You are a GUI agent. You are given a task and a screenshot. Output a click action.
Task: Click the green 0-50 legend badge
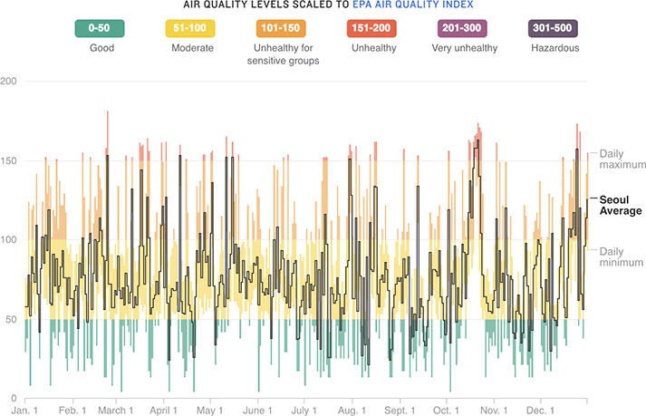(x=108, y=29)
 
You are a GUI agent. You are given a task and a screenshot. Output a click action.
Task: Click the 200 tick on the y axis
(x=10, y=82)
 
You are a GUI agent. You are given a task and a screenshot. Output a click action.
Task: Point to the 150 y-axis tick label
(x=10, y=160)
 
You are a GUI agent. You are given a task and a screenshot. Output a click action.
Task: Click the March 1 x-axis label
(x=115, y=410)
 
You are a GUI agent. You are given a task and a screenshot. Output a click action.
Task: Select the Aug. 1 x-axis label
(x=351, y=410)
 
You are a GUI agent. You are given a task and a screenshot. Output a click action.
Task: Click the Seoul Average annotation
(x=621, y=205)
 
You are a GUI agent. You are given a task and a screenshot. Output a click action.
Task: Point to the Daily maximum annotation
(x=621, y=160)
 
